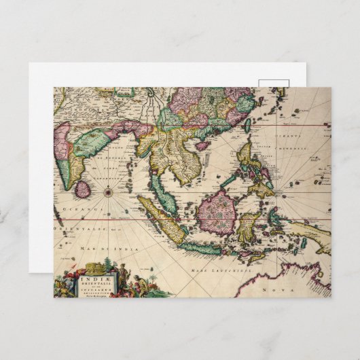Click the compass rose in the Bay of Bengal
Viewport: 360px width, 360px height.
[x=107, y=192]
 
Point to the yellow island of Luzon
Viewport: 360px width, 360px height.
[x=245, y=154]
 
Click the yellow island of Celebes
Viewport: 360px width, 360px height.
[x=250, y=224]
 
